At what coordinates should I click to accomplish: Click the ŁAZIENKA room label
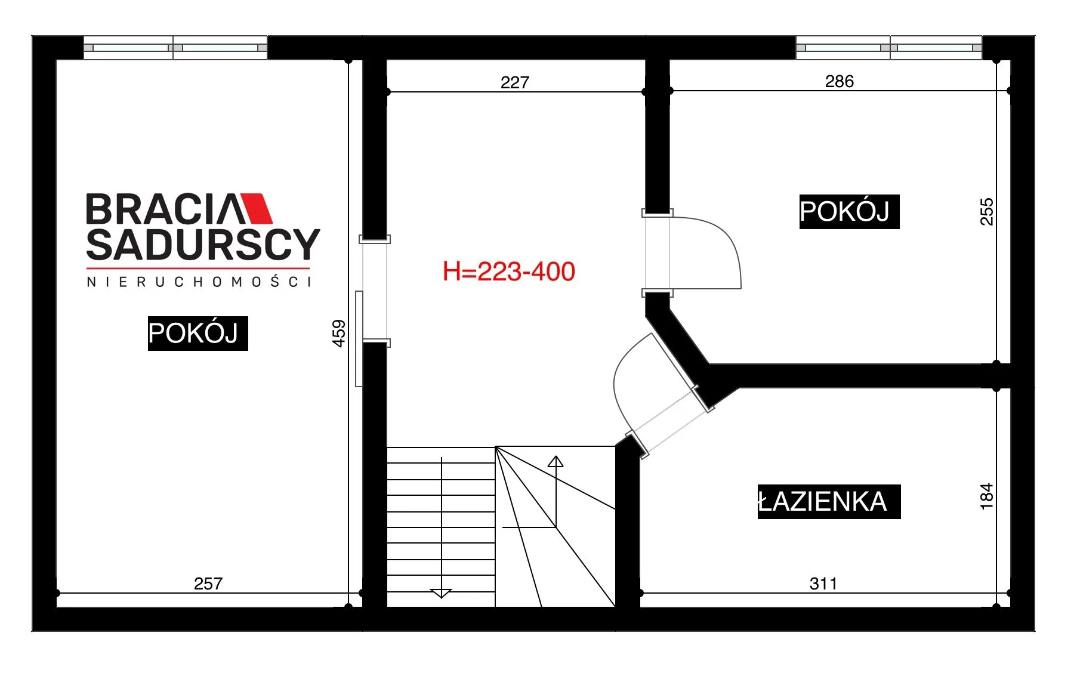(x=829, y=501)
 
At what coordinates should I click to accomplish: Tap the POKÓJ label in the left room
(x=197, y=333)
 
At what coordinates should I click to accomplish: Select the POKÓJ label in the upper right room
(x=849, y=211)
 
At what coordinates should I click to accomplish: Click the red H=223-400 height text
(x=509, y=271)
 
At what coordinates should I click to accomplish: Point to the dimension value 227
(x=515, y=82)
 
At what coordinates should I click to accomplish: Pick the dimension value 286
(x=840, y=81)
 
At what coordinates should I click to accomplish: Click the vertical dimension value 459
(x=338, y=333)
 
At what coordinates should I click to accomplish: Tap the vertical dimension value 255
(x=987, y=211)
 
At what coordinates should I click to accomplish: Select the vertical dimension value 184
(x=986, y=496)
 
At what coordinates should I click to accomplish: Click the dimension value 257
(x=208, y=584)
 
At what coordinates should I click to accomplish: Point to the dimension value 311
(x=823, y=584)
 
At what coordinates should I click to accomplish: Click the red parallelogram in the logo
(x=255, y=208)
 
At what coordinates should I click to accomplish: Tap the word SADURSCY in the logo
(x=203, y=244)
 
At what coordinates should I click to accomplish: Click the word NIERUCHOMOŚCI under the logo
(x=199, y=282)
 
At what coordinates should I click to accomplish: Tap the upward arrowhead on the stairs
(x=556, y=461)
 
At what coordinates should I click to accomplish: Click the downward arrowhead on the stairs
(x=441, y=593)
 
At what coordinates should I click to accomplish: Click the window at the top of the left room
(x=175, y=48)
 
